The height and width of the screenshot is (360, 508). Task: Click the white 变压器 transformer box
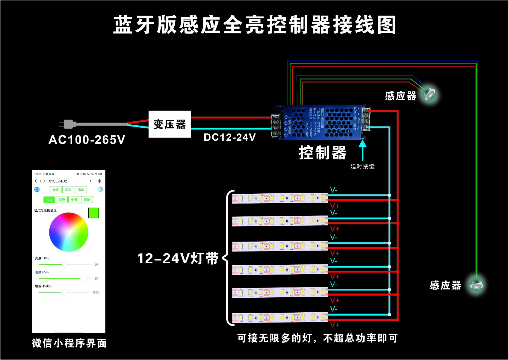(x=170, y=124)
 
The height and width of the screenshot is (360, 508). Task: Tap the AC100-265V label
(x=87, y=140)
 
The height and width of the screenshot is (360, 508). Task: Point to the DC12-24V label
(x=230, y=137)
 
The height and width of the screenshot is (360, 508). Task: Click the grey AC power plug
(x=69, y=124)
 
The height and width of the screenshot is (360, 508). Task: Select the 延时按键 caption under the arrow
(x=362, y=166)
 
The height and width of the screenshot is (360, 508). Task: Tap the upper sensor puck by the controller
(x=430, y=94)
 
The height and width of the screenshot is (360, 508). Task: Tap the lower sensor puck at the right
(x=476, y=284)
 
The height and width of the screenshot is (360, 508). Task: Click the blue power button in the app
(x=37, y=189)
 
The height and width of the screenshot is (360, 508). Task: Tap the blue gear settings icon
(x=100, y=189)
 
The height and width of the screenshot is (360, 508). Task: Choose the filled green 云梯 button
(x=49, y=200)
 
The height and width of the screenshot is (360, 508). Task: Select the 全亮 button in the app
(x=74, y=200)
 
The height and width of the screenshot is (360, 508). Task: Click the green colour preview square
(x=93, y=213)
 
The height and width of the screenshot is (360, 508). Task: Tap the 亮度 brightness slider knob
(x=64, y=264)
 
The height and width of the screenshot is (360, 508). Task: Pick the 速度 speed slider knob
(x=83, y=278)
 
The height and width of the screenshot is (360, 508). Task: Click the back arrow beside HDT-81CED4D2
(x=36, y=181)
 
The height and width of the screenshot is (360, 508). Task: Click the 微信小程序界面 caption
(x=69, y=343)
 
